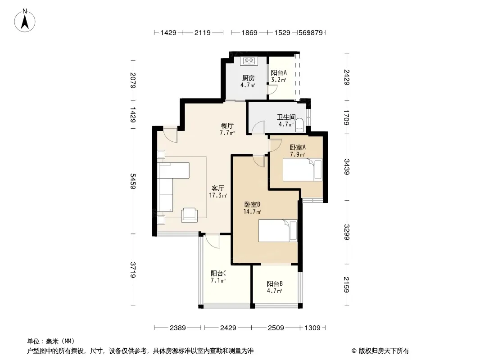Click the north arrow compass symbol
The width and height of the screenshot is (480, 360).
point(25,21)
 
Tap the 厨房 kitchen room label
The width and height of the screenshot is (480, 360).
point(248,78)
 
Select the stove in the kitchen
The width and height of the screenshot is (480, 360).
point(249,61)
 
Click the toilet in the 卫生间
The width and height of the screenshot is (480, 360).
point(299,125)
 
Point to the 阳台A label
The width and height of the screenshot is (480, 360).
point(279,73)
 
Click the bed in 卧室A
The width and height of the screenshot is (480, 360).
point(303,170)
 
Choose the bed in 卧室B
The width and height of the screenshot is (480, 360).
point(278,230)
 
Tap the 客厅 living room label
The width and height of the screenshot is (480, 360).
point(217,188)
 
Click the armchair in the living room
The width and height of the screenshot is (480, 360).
point(189,215)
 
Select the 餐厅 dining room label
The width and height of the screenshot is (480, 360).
point(227,126)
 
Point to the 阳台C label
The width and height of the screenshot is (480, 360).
point(218,273)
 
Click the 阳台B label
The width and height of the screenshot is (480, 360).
point(275,283)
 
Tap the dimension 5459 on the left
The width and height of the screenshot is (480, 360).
point(133,181)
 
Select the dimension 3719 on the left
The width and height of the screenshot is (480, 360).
point(133,270)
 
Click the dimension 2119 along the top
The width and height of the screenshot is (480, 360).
point(202,32)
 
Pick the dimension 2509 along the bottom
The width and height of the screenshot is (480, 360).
point(276,328)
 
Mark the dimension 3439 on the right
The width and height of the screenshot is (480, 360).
point(347,166)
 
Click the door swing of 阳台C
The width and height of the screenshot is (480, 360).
point(212,241)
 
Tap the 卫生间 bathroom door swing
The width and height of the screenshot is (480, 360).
point(258,127)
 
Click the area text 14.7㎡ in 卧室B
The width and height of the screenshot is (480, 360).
point(252,211)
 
